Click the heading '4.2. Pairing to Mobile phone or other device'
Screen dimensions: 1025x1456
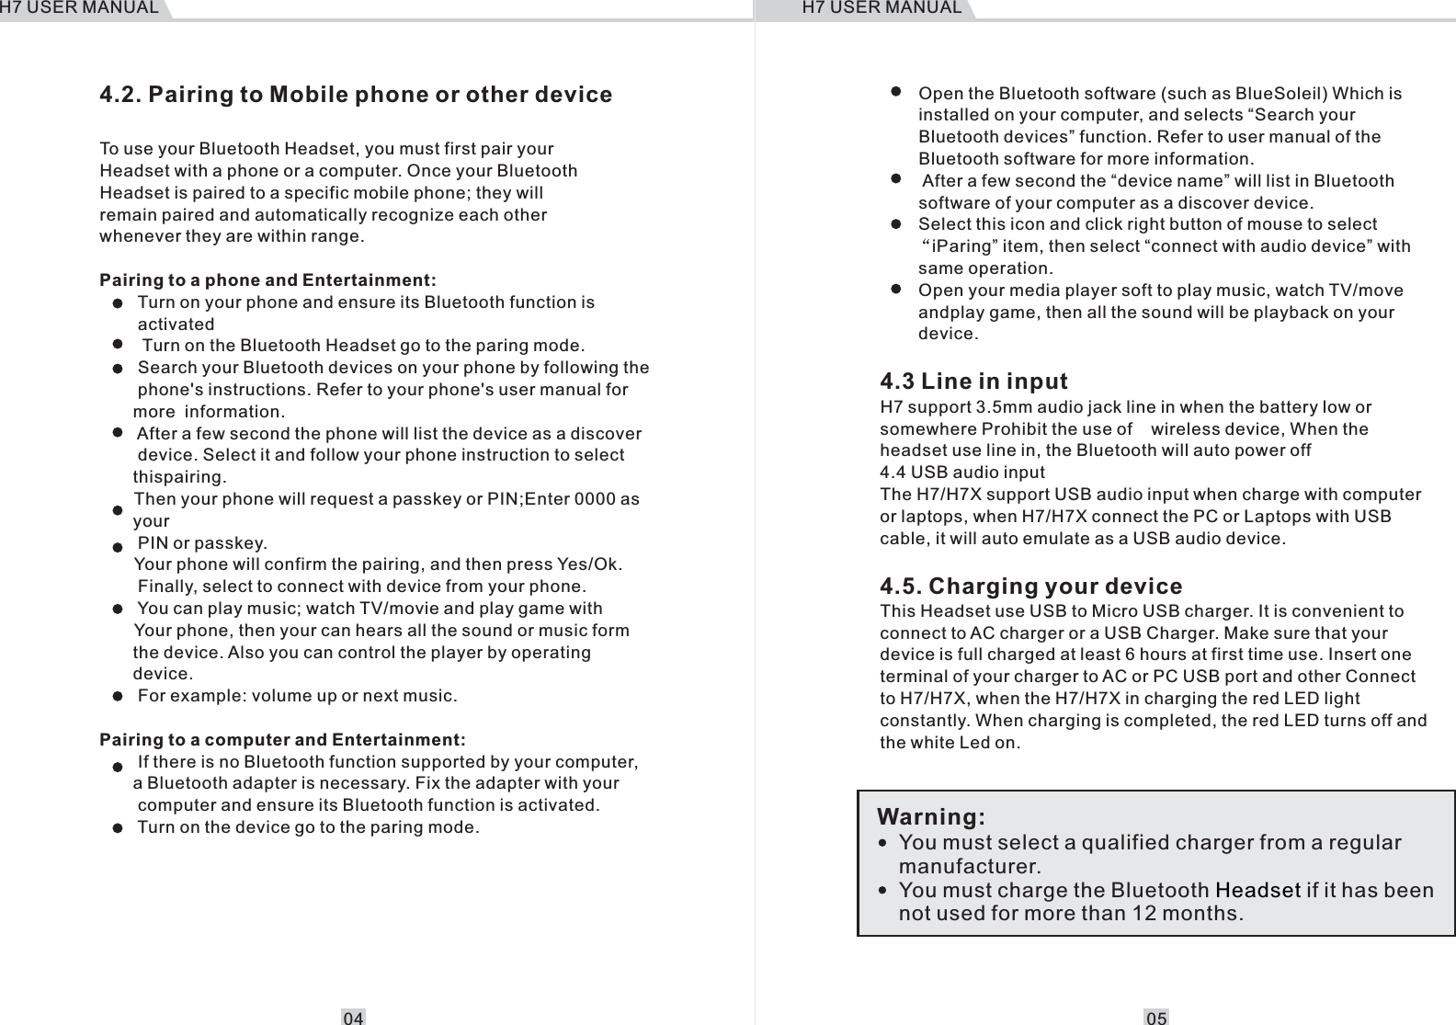click(356, 95)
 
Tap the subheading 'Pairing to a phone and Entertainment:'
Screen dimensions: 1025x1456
click(267, 279)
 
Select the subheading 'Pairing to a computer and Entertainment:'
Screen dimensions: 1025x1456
click(282, 740)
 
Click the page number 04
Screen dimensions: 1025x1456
click(353, 1018)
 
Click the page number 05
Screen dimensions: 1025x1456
click(1156, 1018)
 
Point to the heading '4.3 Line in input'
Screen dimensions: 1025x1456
click(973, 381)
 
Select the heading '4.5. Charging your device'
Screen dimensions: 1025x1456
click(1030, 587)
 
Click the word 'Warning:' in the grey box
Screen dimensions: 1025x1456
click(931, 817)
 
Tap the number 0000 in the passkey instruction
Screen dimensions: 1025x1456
click(594, 499)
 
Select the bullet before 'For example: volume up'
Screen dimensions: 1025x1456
click(118, 696)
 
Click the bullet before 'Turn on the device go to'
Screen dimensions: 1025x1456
click(118, 827)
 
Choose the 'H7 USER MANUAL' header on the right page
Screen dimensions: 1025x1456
click(881, 8)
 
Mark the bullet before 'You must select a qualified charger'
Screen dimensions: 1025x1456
click(883, 843)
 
